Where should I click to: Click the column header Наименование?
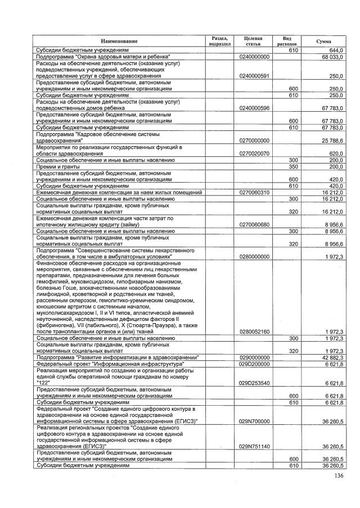[x=119, y=41]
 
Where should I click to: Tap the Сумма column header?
[x=323, y=41]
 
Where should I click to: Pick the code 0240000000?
[x=255, y=57]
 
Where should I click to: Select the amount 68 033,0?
[x=332, y=57]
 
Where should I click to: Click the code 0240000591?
[x=255, y=76]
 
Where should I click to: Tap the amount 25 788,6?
[x=332, y=140]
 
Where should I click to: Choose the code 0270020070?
[x=255, y=153]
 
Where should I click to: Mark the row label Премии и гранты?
[x=56, y=166]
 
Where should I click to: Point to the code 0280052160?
[x=255, y=332]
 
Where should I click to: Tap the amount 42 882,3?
[x=332, y=357]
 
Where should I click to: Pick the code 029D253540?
[x=255, y=383]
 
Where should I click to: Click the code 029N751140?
[x=255, y=447]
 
